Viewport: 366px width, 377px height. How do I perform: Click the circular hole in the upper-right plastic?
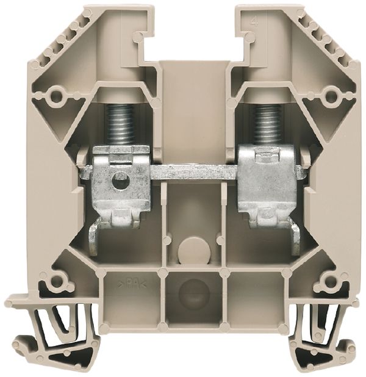(331, 94)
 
